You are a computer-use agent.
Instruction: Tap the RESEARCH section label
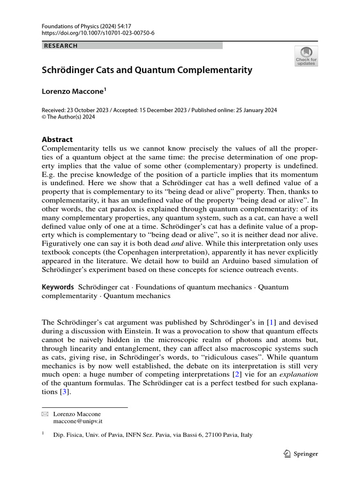coord(60,46)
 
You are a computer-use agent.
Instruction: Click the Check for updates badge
coord(306,56)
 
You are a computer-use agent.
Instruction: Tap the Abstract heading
coord(57,139)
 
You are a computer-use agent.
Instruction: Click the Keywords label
coord(58,287)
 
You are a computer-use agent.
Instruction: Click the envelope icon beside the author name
coord(45,414)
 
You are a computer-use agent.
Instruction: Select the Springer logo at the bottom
coord(301,454)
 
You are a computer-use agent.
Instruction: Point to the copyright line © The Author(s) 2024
coord(68,117)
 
